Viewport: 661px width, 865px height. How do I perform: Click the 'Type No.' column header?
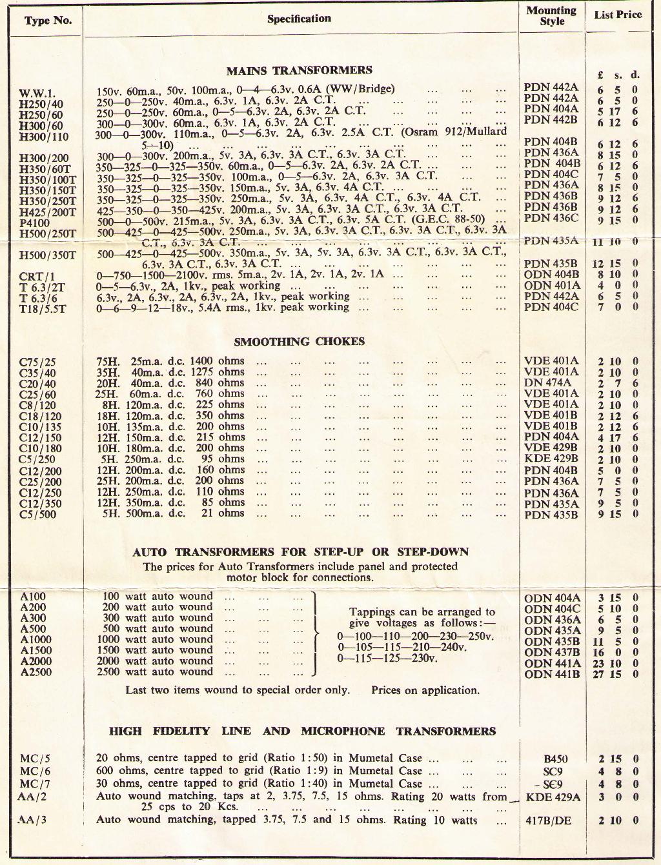click(48, 20)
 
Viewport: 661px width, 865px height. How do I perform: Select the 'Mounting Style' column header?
click(551, 15)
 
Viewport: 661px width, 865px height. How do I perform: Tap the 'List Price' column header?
click(618, 14)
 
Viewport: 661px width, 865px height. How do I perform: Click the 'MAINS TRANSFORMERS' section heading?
click(299, 70)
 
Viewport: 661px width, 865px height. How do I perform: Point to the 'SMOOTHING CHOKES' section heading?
click(299, 341)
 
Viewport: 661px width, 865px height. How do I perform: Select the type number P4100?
click(35, 223)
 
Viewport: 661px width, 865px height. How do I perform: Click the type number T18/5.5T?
click(43, 309)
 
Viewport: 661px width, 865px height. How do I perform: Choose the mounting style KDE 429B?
click(551, 459)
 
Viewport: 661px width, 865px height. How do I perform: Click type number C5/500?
click(37, 514)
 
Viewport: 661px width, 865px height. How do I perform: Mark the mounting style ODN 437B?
click(552, 652)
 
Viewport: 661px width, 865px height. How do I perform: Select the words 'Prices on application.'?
click(425, 690)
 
